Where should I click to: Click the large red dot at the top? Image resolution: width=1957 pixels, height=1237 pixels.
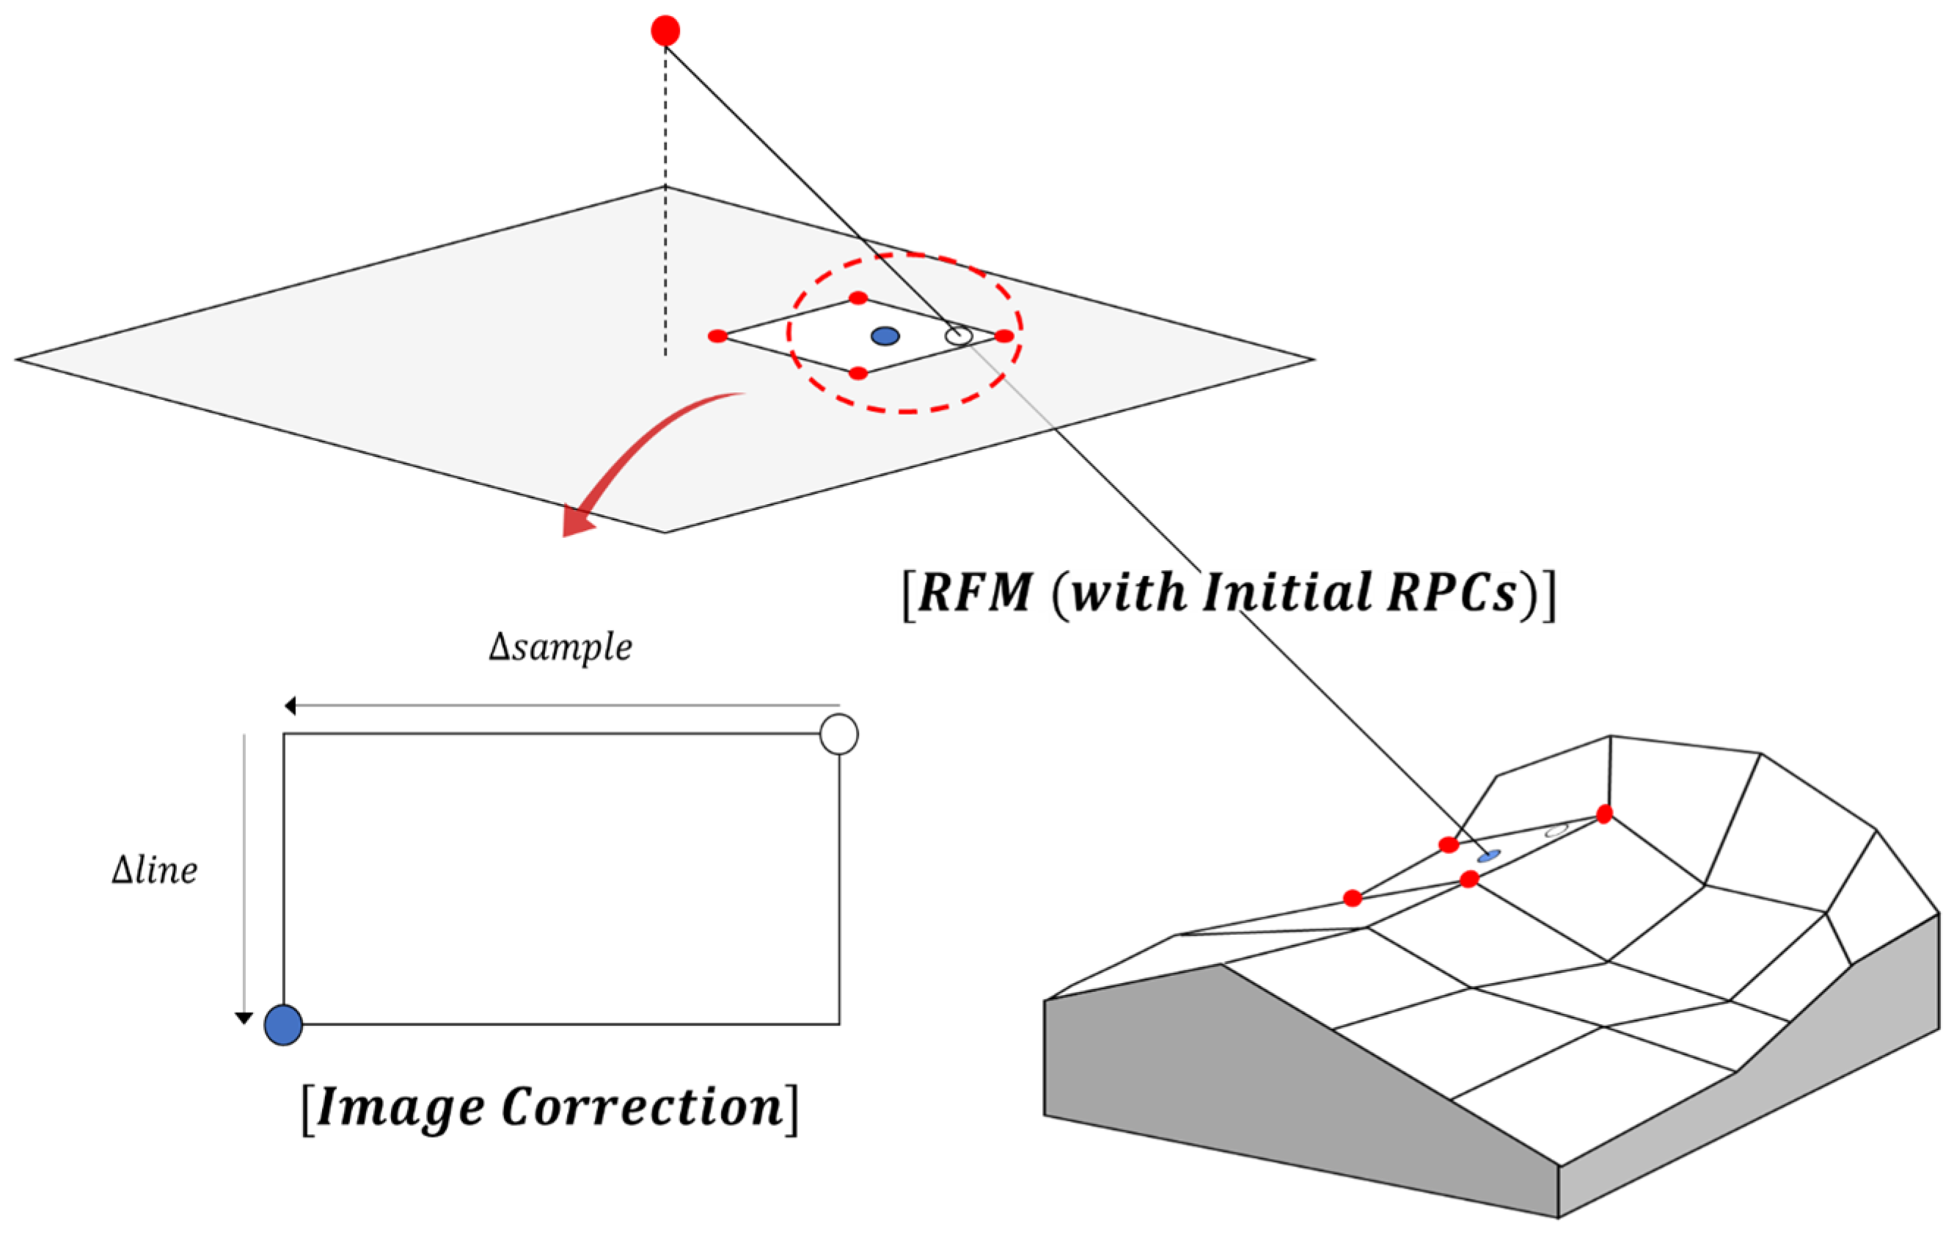pyautogui.click(x=665, y=31)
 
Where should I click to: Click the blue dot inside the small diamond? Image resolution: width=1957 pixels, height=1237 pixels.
pyautogui.click(x=885, y=336)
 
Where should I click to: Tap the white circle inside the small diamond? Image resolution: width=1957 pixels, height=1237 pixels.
pyautogui.click(x=959, y=336)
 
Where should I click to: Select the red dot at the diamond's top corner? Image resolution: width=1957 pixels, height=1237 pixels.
pyautogui.click(x=858, y=299)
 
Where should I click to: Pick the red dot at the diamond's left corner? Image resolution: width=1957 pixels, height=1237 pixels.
pyautogui.click(x=717, y=337)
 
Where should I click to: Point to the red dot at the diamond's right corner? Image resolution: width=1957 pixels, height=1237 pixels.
pyautogui.click(x=1004, y=336)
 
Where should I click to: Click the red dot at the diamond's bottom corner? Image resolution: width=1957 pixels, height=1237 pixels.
pyautogui.click(x=858, y=373)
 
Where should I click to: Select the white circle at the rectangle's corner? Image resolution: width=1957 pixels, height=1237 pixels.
pyautogui.click(x=838, y=734)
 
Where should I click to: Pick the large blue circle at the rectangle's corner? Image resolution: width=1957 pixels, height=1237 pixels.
pyautogui.click(x=284, y=1024)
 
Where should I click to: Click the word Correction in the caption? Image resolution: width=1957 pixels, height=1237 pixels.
pyautogui.click(x=642, y=1107)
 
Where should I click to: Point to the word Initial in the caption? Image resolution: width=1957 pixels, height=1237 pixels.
pyautogui.click(x=1287, y=591)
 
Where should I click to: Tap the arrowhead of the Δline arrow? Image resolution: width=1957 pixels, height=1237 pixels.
pyautogui.click(x=243, y=1018)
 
